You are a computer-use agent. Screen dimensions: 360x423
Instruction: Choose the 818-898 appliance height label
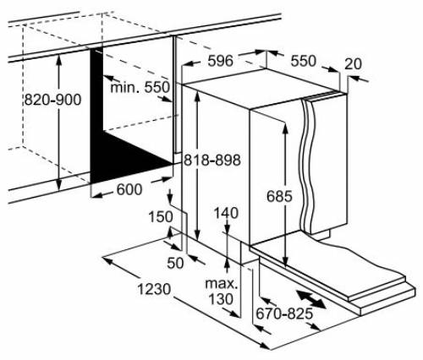click(x=214, y=161)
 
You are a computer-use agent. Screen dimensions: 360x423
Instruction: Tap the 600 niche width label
click(x=128, y=190)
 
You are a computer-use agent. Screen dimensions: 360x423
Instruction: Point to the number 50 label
click(x=175, y=262)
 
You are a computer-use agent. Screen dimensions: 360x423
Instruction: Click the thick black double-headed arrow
click(x=310, y=299)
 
